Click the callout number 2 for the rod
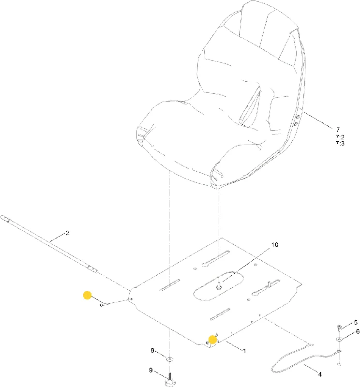coord(68,233)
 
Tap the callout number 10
coord(274,245)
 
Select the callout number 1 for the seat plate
coord(244,351)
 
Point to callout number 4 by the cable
coord(320,374)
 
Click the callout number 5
coord(356,322)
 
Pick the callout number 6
coord(358,332)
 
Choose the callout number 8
coord(152,350)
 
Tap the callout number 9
coord(150,370)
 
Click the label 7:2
coord(340,137)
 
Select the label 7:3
coord(340,143)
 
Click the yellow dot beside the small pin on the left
coord(88,295)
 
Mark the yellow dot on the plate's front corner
coord(212,340)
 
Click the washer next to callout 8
coord(170,358)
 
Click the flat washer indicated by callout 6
coord(339,340)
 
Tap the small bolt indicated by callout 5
coord(339,328)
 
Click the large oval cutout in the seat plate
coord(218,286)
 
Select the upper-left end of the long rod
coord(2,217)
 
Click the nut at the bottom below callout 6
coord(339,364)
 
